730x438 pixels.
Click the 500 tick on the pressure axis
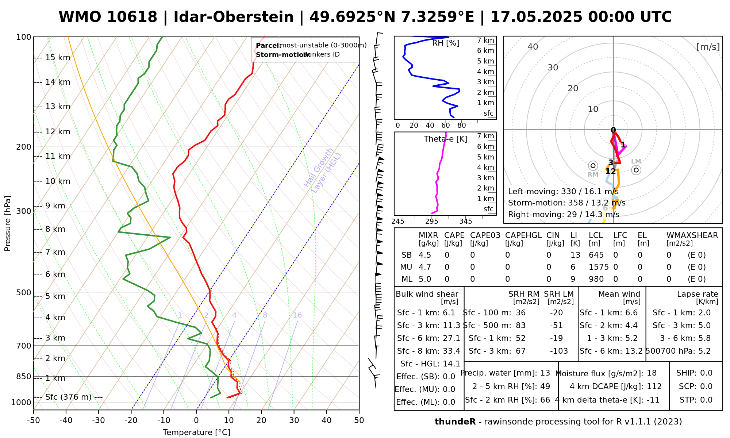(x=24, y=293)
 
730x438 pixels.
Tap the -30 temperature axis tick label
(x=98, y=420)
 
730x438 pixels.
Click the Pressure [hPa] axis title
(x=8, y=223)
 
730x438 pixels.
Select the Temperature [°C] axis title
(x=196, y=433)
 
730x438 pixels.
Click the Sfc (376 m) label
(x=68, y=397)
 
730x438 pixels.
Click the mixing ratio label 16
(x=297, y=315)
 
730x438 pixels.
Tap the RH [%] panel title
(x=446, y=43)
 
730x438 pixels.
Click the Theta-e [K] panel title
(x=445, y=139)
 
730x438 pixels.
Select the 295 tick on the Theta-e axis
(x=432, y=221)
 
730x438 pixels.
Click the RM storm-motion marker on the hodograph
(x=593, y=166)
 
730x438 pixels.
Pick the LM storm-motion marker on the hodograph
(x=636, y=170)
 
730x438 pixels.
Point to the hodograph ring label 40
(x=533, y=47)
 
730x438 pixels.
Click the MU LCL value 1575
(x=599, y=267)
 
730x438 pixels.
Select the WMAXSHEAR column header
(x=692, y=235)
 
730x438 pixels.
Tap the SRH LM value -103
(x=559, y=351)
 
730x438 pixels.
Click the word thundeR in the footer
(x=455, y=422)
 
